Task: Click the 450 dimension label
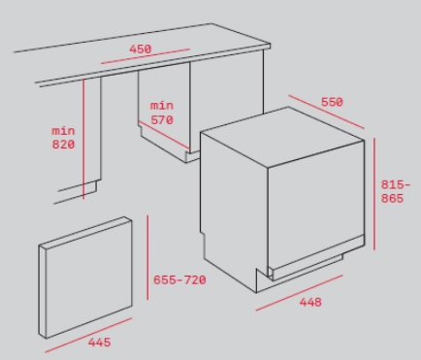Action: pyautogui.click(x=141, y=49)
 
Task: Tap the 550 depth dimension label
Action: pyautogui.click(x=332, y=102)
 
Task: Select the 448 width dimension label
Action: pyautogui.click(x=310, y=302)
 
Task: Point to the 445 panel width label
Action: pyautogui.click(x=100, y=343)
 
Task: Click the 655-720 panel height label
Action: pyautogui.click(x=179, y=279)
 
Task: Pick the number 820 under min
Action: pyautogui.click(x=63, y=145)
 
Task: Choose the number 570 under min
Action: pyautogui.click(x=162, y=119)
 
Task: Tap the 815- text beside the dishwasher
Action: pyautogui.click(x=396, y=184)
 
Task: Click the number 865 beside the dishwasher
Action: pyautogui.click(x=392, y=198)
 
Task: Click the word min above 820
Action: pyautogui.click(x=63, y=131)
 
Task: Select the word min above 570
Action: pyautogui.click(x=162, y=106)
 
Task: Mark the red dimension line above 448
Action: pyautogui.click(x=299, y=293)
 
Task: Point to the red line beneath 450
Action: pyautogui.click(x=146, y=56)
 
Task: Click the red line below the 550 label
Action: pyautogui.click(x=326, y=112)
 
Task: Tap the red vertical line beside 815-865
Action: pyautogui.click(x=374, y=194)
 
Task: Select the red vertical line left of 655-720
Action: pyautogui.click(x=147, y=257)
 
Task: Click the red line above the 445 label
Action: pyautogui.click(x=88, y=335)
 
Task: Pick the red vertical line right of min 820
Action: pyautogui.click(x=83, y=139)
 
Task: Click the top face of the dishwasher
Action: pyautogui.click(x=282, y=137)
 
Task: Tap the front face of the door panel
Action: pyautogui.click(x=89, y=279)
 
